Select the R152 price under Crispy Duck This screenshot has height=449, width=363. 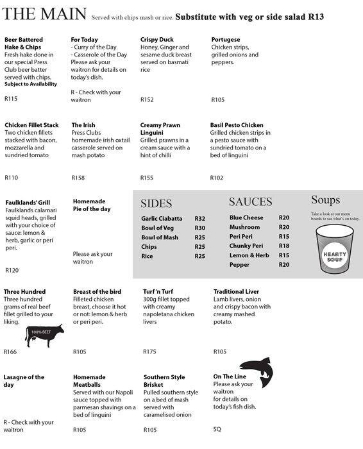pyautogui.click(x=147, y=99)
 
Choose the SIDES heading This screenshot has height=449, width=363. pyautogui.click(x=156, y=204)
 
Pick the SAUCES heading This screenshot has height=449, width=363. pyautogui.click(x=251, y=201)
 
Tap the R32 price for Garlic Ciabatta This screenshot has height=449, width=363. pyautogui.click(x=199, y=219)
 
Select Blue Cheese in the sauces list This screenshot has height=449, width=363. pyautogui.click(x=246, y=217)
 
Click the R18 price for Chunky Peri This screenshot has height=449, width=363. pyautogui.click(x=284, y=246)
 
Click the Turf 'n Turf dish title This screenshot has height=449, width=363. pyautogui.click(x=160, y=292)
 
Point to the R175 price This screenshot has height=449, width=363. pyautogui.click(x=150, y=352)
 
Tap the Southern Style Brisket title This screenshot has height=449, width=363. pyautogui.click(x=165, y=381)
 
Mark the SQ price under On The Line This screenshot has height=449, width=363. pyautogui.click(x=217, y=428)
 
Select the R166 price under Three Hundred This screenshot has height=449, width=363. pyautogui.click(x=10, y=352)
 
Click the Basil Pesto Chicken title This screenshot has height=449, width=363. pyautogui.click(x=237, y=125)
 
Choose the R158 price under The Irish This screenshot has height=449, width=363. pyautogui.click(x=78, y=177)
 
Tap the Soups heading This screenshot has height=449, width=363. pyautogui.click(x=325, y=200)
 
